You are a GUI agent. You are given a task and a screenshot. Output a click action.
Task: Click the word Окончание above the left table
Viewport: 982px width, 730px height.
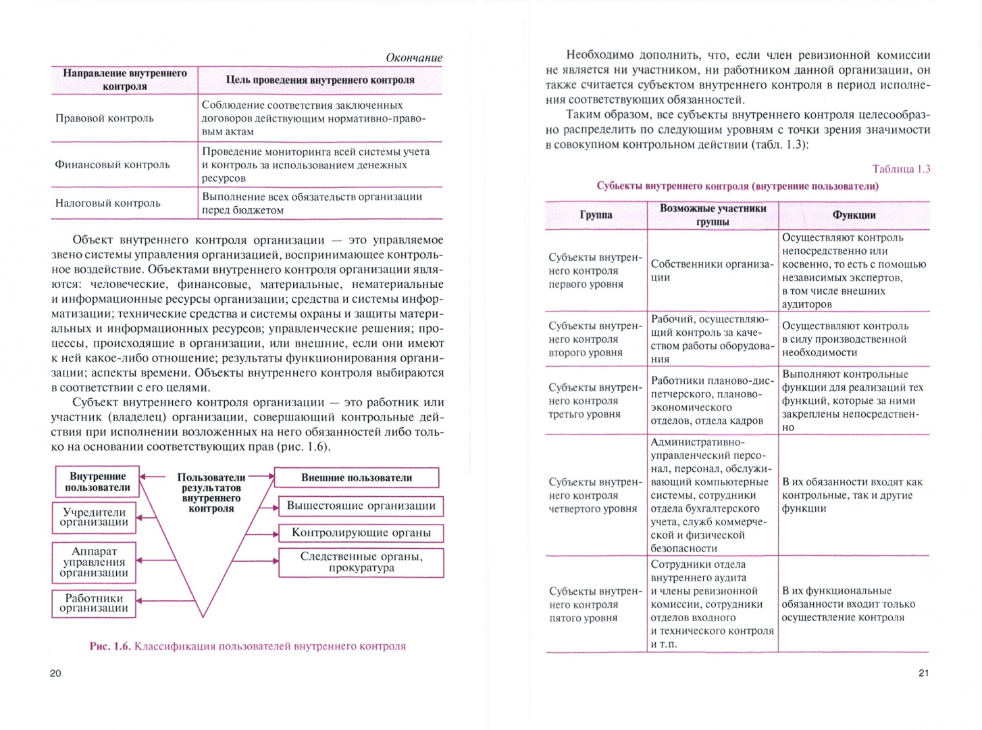tap(413, 57)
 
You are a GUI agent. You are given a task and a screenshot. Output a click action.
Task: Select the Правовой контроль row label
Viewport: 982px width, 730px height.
tap(105, 118)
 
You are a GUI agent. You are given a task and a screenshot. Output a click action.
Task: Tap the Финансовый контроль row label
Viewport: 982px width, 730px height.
tap(112, 164)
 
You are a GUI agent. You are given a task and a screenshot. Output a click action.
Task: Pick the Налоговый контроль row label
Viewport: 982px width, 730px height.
tap(108, 203)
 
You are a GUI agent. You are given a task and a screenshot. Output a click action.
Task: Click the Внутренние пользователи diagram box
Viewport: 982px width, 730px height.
tap(97, 481)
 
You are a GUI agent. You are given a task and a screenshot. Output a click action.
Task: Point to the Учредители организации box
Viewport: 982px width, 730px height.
tap(94, 517)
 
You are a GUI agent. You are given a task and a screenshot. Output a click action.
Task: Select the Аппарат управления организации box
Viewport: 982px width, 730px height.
tap(94, 562)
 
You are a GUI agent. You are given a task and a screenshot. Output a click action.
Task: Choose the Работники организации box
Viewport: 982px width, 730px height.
tap(94, 603)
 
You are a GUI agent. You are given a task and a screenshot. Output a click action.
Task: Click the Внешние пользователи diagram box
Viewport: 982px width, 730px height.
tap(357, 477)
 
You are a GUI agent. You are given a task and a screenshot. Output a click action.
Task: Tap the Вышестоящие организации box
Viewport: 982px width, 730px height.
tap(361, 506)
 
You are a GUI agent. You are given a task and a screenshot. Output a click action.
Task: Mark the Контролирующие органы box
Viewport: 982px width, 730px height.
tap(361, 533)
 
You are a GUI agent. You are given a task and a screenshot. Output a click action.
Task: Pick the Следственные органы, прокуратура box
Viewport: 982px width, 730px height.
tap(361, 562)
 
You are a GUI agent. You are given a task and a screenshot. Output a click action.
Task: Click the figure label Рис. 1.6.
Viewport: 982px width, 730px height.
tap(109, 646)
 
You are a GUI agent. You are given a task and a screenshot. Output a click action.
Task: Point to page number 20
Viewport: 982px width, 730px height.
tap(55, 673)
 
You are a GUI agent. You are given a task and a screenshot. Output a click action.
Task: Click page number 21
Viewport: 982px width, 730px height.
tap(923, 673)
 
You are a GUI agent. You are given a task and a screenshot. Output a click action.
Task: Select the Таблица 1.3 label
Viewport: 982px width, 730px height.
tap(901, 169)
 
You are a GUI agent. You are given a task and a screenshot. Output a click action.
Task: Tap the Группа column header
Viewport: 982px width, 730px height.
tap(596, 215)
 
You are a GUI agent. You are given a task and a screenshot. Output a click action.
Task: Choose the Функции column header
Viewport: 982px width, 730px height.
tap(854, 215)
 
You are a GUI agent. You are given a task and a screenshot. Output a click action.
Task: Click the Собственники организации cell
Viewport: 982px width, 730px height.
tap(712, 270)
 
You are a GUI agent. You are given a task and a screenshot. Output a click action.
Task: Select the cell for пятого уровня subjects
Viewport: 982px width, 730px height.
tap(595, 604)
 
